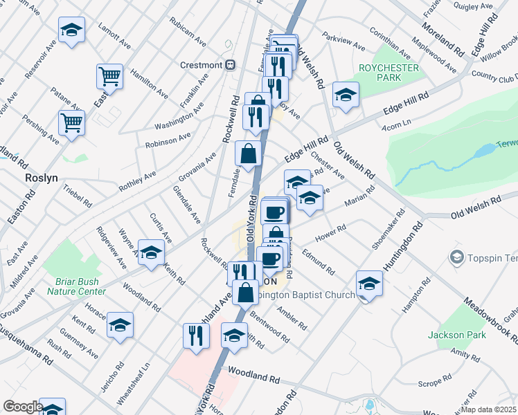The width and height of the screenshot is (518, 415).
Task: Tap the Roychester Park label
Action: [x=388, y=73]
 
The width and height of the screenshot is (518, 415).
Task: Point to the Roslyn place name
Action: [x=41, y=177]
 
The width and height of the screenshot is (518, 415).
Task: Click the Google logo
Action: [x=23, y=407]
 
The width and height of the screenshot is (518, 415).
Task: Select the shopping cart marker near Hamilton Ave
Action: [x=109, y=75]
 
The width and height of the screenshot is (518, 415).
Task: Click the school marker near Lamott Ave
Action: [x=71, y=30]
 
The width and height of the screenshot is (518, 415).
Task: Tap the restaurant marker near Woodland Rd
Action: [x=196, y=335]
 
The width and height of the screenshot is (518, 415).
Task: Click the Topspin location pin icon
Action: [x=456, y=258]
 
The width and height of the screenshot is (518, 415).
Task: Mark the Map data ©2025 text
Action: [x=488, y=409]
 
